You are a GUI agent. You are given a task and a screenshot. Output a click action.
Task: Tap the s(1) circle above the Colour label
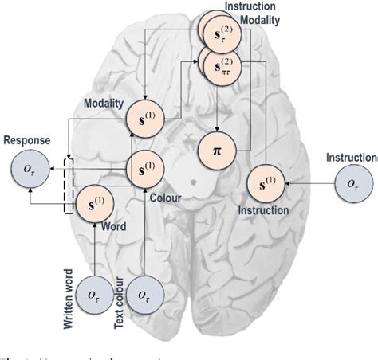coord(144,168)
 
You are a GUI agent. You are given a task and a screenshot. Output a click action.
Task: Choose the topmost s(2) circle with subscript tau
coord(219,29)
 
